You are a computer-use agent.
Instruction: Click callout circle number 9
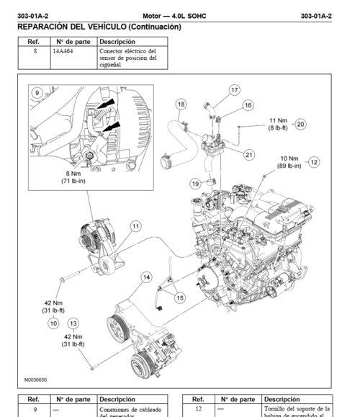click(x=37, y=93)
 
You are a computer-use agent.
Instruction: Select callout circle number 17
click(x=234, y=90)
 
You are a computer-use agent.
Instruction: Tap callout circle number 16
click(x=248, y=105)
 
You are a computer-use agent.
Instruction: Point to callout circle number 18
click(x=181, y=105)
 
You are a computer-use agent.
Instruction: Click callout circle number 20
click(x=300, y=123)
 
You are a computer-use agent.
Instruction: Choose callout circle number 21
click(x=248, y=154)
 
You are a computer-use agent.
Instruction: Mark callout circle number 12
click(x=313, y=162)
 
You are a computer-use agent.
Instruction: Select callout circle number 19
click(x=195, y=184)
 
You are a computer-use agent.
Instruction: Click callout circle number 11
click(x=135, y=226)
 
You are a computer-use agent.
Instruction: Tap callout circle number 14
click(x=146, y=277)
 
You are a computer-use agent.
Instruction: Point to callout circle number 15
click(x=179, y=297)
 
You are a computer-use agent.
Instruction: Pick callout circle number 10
click(x=53, y=323)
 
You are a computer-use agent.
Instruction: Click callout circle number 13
click(x=73, y=323)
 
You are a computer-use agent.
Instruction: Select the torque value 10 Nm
click(x=289, y=158)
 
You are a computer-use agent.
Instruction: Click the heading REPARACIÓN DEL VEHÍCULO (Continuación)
click(x=99, y=27)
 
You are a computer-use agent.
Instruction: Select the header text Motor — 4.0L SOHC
click(x=175, y=14)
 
